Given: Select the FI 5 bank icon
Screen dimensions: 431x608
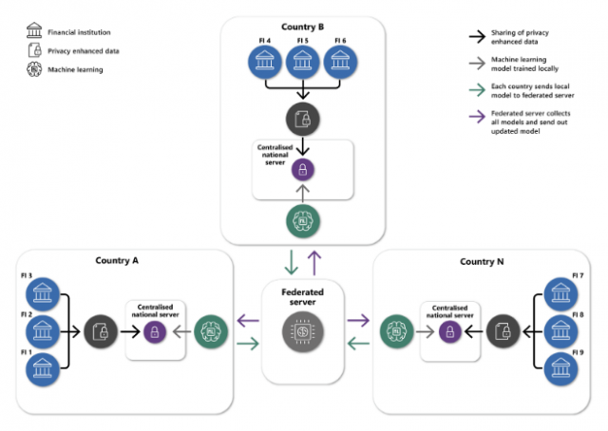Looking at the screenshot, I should (302, 61).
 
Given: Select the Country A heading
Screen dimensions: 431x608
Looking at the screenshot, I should (117, 260).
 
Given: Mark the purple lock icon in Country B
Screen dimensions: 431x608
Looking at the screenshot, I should (302, 171).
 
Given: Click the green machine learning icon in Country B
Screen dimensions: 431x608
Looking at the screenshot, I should (302, 220).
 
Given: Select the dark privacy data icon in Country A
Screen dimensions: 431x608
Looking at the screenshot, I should (100, 331).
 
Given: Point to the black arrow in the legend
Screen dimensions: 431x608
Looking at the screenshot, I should (473, 36).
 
